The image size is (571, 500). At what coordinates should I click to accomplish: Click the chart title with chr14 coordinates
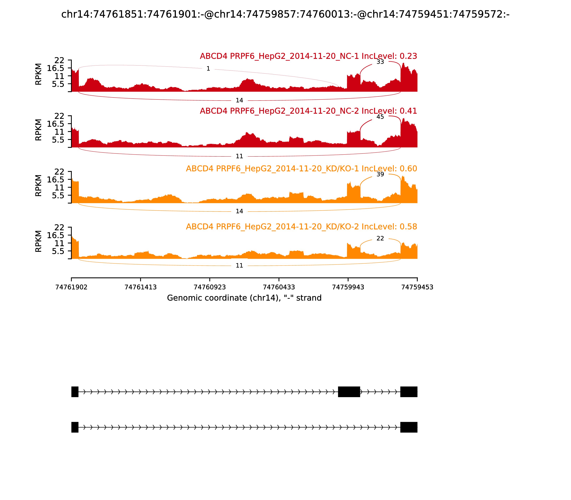click(x=285, y=14)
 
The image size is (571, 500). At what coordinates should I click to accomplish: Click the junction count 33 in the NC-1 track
click(x=380, y=62)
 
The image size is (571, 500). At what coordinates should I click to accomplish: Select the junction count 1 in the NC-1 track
click(x=208, y=69)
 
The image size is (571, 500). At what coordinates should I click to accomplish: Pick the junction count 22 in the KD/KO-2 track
click(x=380, y=238)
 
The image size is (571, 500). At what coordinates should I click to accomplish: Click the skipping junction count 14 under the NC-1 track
click(x=239, y=100)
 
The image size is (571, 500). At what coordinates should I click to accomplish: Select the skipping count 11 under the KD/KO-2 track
click(x=239, y=266)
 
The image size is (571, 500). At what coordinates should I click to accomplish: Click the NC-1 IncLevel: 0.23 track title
click(x=308, y=56)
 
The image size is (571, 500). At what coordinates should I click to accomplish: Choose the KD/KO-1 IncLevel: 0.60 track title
click(x=301, y=169)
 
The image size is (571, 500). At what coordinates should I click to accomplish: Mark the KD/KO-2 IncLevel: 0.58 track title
click(x=301, y=227)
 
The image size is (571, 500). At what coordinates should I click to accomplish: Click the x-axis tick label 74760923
click(x=210, y=287)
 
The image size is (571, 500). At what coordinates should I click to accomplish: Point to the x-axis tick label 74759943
click(x=348, y=287)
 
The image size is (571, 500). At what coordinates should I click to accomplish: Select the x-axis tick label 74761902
click(x=71, y=287)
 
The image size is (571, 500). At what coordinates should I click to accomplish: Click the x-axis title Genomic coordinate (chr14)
click(x=244, y=298)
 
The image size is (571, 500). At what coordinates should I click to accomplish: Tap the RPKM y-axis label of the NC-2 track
click(x=39, y=130)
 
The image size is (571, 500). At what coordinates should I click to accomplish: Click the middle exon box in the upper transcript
click(x=349, y=392)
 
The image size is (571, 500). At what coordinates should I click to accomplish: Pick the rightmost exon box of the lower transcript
click(x=409, y=427)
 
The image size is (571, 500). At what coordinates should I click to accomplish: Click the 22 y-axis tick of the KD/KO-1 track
click(x=59, y=172)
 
